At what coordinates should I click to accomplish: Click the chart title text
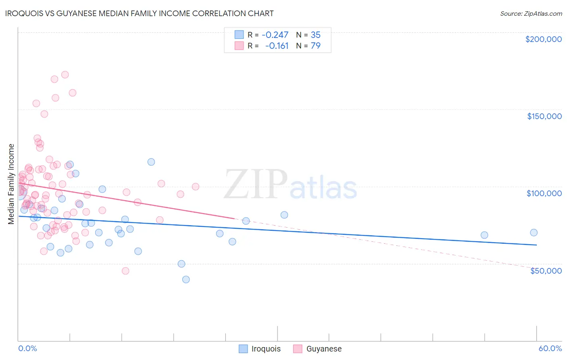tap(140, 13)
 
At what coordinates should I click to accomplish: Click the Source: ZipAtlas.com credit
tap(531, 13)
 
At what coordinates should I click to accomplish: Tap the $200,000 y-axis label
tap(543, 39)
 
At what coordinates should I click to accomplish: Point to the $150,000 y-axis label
tap(544, 116)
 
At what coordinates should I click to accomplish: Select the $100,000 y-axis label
tap(544, 193)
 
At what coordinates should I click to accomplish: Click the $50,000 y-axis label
tap(546, 271)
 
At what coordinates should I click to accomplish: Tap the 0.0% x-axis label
tap(27, 348)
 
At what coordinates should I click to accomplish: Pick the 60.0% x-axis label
tap(550, 348)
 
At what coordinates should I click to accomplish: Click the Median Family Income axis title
tap(11, 184)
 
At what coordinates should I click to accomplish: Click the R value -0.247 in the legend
tap(275, 35)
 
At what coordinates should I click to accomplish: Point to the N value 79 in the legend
tap(315, 46)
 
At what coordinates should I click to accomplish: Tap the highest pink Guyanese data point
tap(65, 75)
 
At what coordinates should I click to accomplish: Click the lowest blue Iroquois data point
tap(186, 279)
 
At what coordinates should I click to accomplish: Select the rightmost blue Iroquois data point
tap(534, 232)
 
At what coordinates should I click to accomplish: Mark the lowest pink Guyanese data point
tap(125, 271)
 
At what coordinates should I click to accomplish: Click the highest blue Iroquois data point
tap(151, 162)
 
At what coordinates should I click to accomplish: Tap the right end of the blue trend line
tap(536, 245)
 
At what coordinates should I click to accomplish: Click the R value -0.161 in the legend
tap(277, 46)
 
